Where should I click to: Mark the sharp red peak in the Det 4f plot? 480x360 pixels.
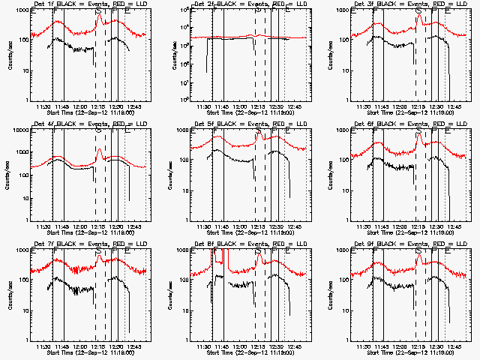tap(99, 150)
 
